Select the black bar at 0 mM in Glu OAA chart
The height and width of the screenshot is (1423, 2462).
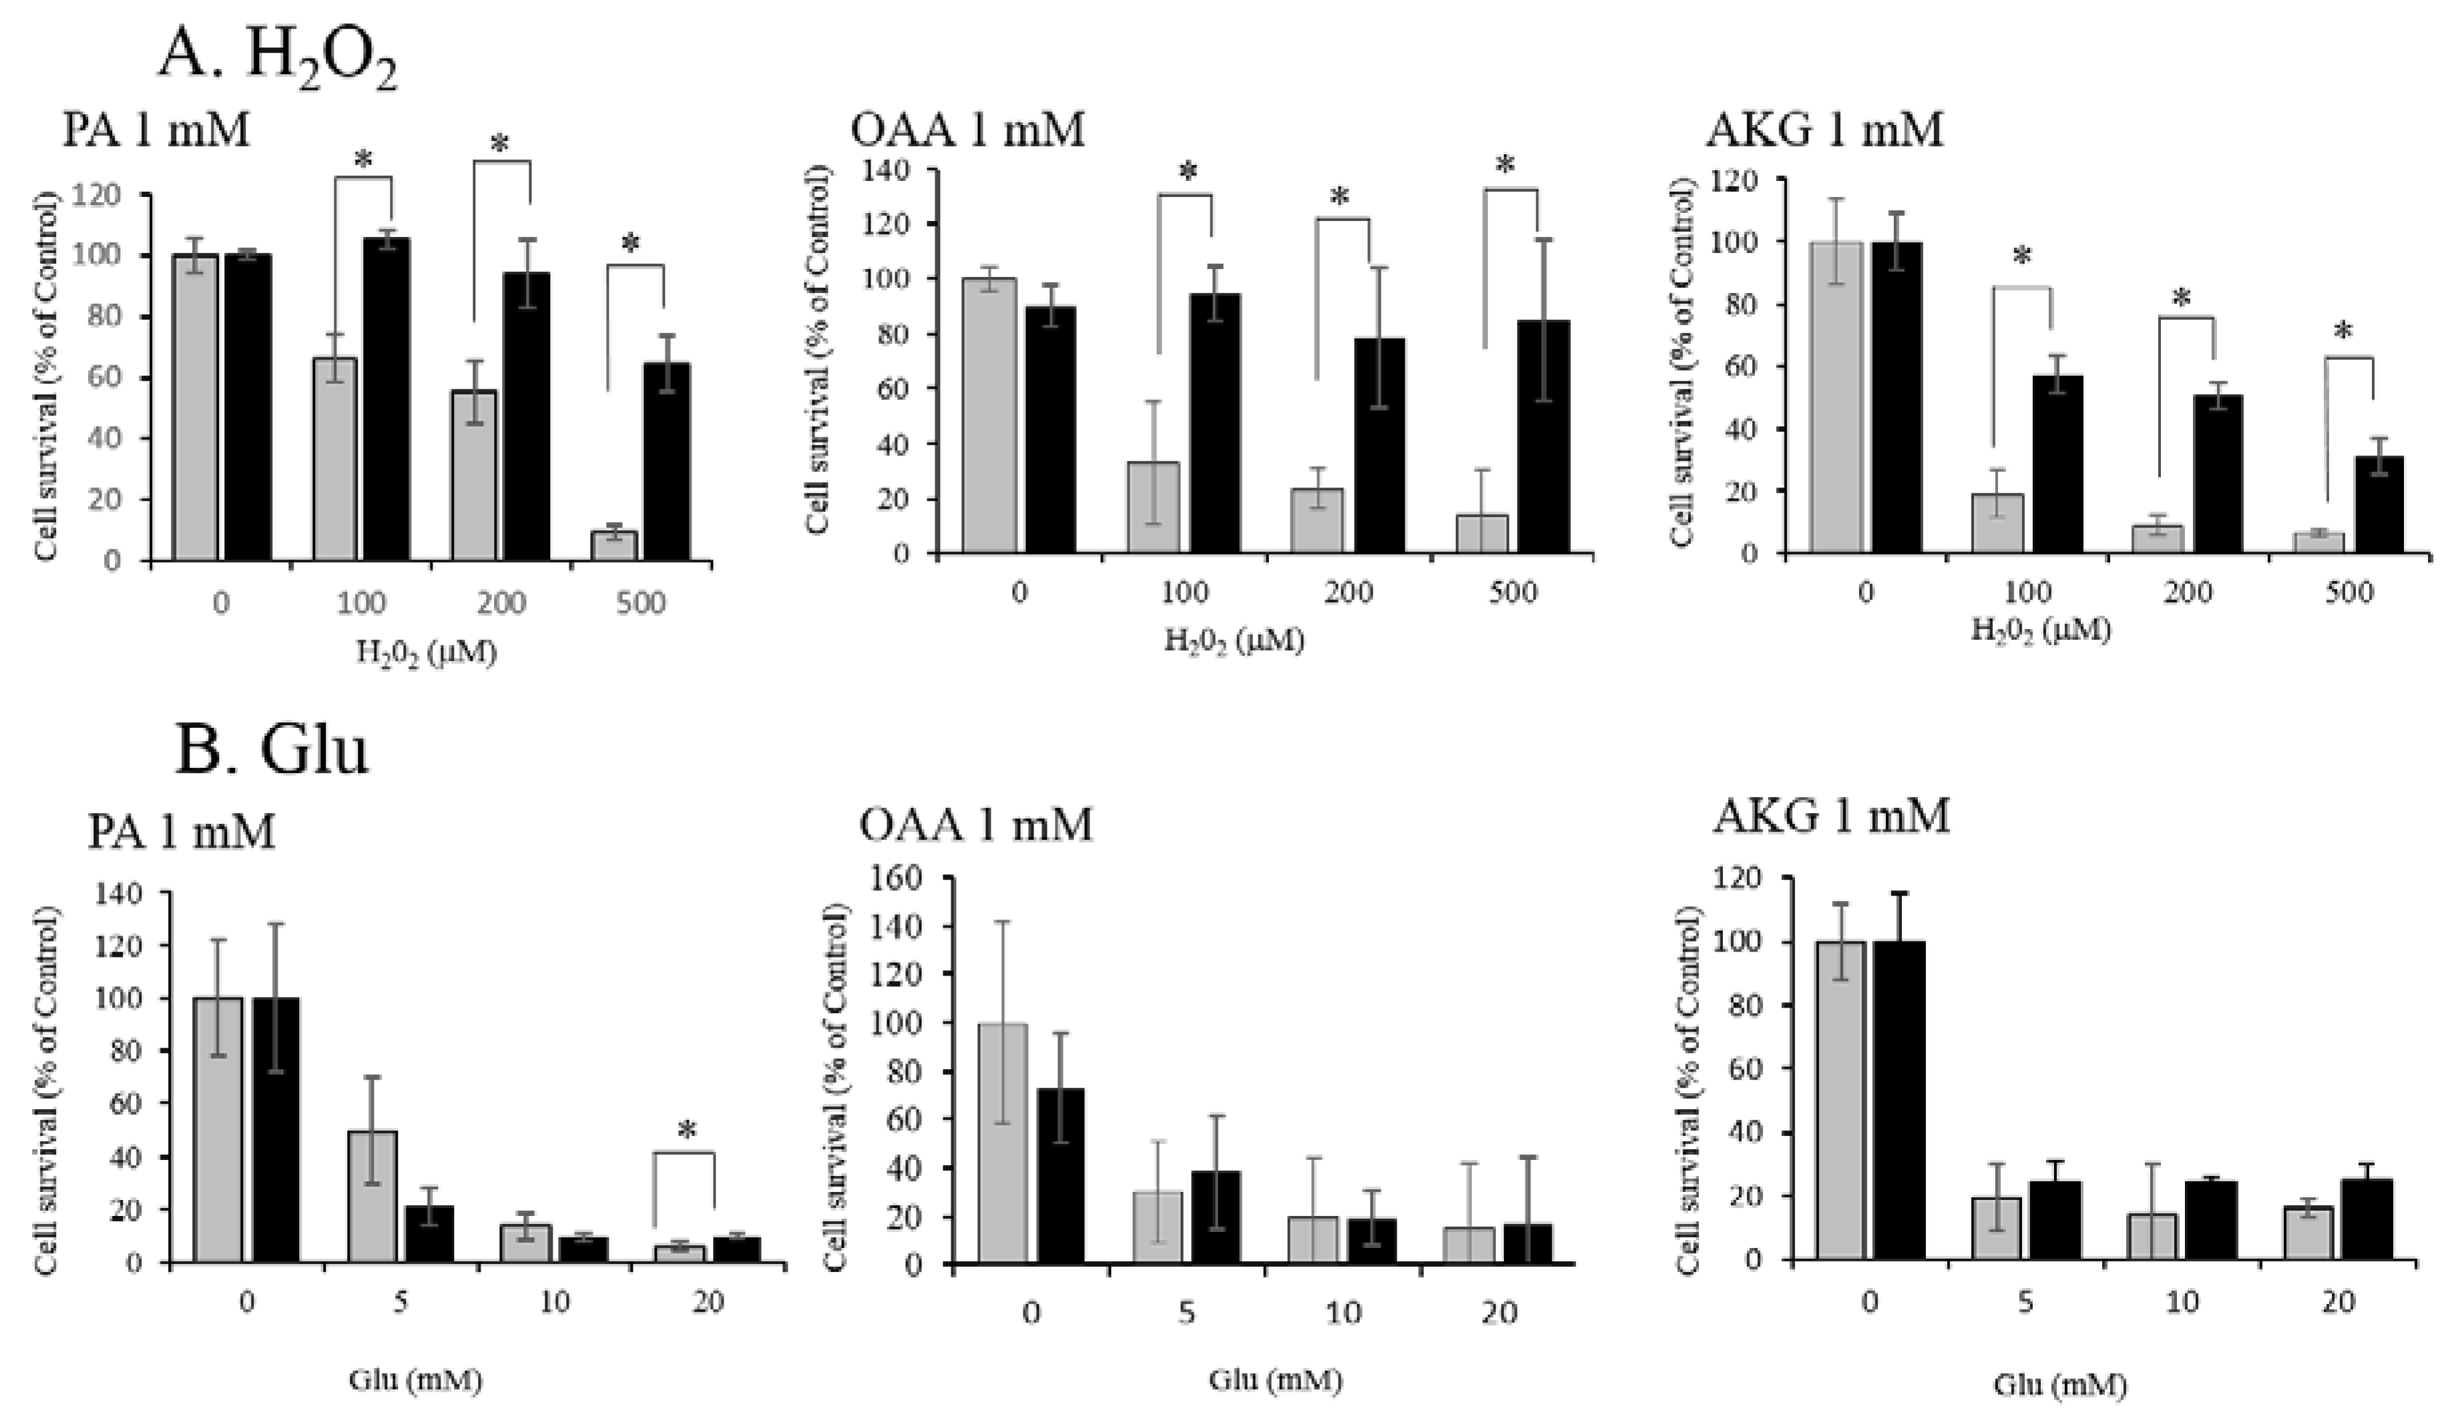point(1060,1178)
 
